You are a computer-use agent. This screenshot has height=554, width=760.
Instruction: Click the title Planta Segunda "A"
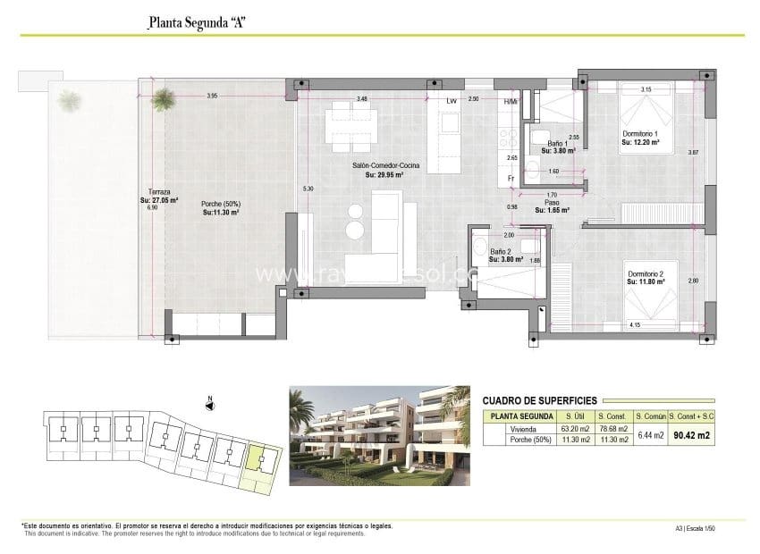tap(196, 22)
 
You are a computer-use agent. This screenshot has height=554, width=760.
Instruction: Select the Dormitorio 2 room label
tap(645, 274)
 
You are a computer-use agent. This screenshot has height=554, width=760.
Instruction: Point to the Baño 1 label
tap(558, 143)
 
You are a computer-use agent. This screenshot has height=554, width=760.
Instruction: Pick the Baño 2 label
tap(501, 253)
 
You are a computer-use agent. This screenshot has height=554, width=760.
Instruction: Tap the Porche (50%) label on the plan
tap(221, 204)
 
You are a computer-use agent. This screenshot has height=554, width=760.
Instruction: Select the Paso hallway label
tap(552, 203)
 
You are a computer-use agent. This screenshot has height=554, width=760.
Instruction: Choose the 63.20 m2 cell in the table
tap(569, 430)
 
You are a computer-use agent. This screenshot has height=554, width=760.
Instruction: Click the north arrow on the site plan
tap(209, 405)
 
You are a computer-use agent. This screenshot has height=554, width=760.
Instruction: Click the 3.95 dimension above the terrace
tap(212, 96)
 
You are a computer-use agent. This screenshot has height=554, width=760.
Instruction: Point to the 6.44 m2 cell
tap(650, 435)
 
